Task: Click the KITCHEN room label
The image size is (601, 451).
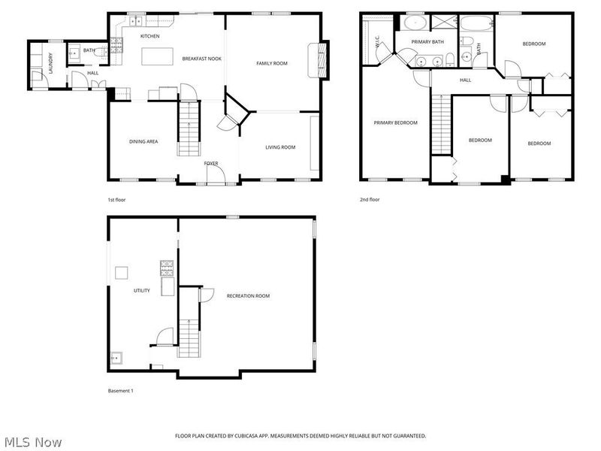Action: pyautogui.click(x=149, y=36)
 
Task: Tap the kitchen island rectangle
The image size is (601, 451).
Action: pyautogui.click(x=157, y=56)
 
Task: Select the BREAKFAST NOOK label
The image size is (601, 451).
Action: pyautogui.click(x=201, y=59)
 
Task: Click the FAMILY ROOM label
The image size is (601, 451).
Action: pyautogui.click(x=272, y=63)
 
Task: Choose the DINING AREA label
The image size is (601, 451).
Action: pyautogui.click(x=143, y=141)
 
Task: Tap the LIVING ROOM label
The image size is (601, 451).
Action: pyautogui.click(x=280, y=147)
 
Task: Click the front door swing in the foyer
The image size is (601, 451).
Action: pyautogui.click(x=216, y=175)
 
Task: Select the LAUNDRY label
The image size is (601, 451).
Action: pyautogui.click(x=50, y=63)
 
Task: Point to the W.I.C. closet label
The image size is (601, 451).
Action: pyautogui.click(x=377, y=42)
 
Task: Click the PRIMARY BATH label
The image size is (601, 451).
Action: pyautogui.click(x=427, y=42)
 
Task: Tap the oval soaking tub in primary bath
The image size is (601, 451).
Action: pyautogui.click(x=415, y=23)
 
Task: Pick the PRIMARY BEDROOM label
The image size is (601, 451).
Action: pyautogui.click(x=396, y=123)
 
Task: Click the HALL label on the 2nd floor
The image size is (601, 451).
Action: pyautogui.click(x=465, y=80)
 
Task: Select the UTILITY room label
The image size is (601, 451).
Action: pyautogui.click(x=142, y=291)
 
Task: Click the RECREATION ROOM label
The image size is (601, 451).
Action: pyautogui.click(x=248, y=296)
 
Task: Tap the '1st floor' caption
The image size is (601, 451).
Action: pyautogui.click(x=116, y=200)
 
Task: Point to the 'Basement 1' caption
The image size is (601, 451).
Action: pyautogui.click(x=120, y=391)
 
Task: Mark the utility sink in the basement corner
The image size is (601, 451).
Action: pyautogui.click(x=116, y=358)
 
